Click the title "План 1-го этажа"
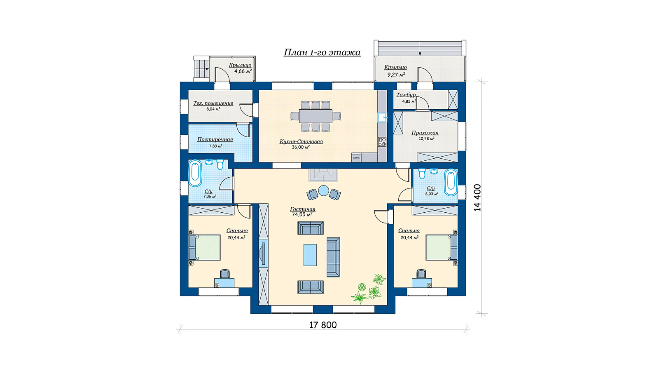[322, 52]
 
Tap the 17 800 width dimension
[323, 325]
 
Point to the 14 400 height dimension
[477, 197]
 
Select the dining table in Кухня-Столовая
[315, 116]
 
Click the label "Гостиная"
[302, 209]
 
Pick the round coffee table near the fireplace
[323, 190]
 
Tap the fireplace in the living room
[323, 175]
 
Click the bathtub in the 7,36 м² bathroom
[195, 174]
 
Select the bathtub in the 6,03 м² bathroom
[451, 182]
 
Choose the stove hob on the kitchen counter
[382, 142]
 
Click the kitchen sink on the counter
[382, 117]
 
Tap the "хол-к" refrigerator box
[356, 157]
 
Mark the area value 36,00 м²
[301, 147]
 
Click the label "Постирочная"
[215, 140]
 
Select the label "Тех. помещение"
[213, 103]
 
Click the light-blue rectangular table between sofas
[310, 255]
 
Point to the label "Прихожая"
[425, 133]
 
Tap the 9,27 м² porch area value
[396, 75]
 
